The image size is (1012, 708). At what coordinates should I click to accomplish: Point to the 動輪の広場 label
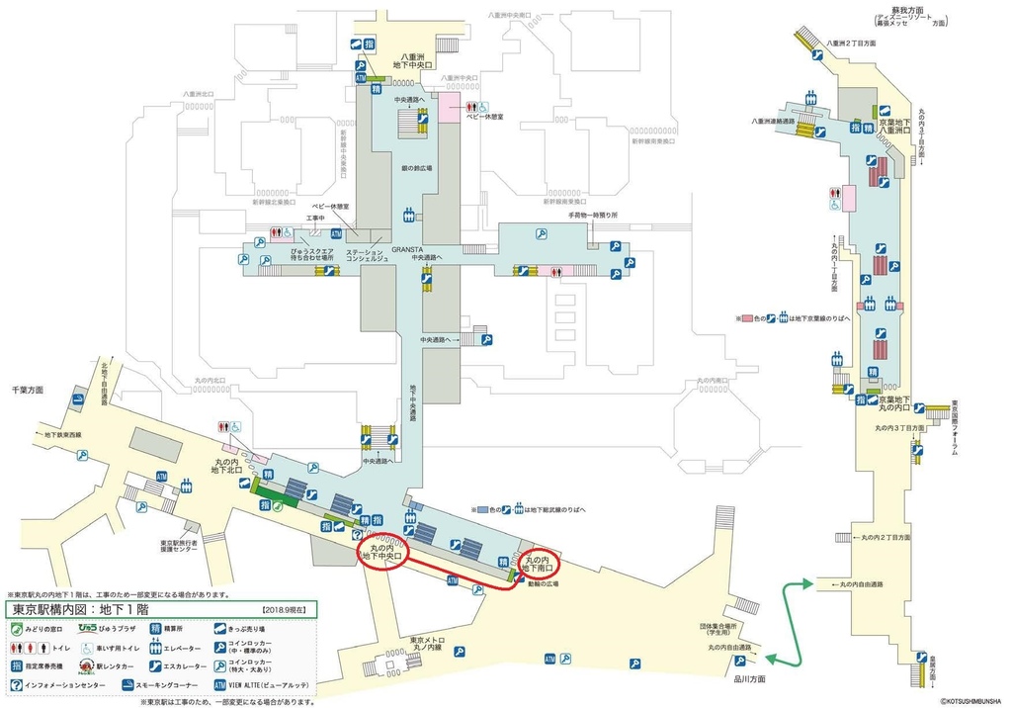(x=542, y=583)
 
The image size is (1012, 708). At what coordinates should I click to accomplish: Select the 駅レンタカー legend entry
(x=54, y=666)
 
